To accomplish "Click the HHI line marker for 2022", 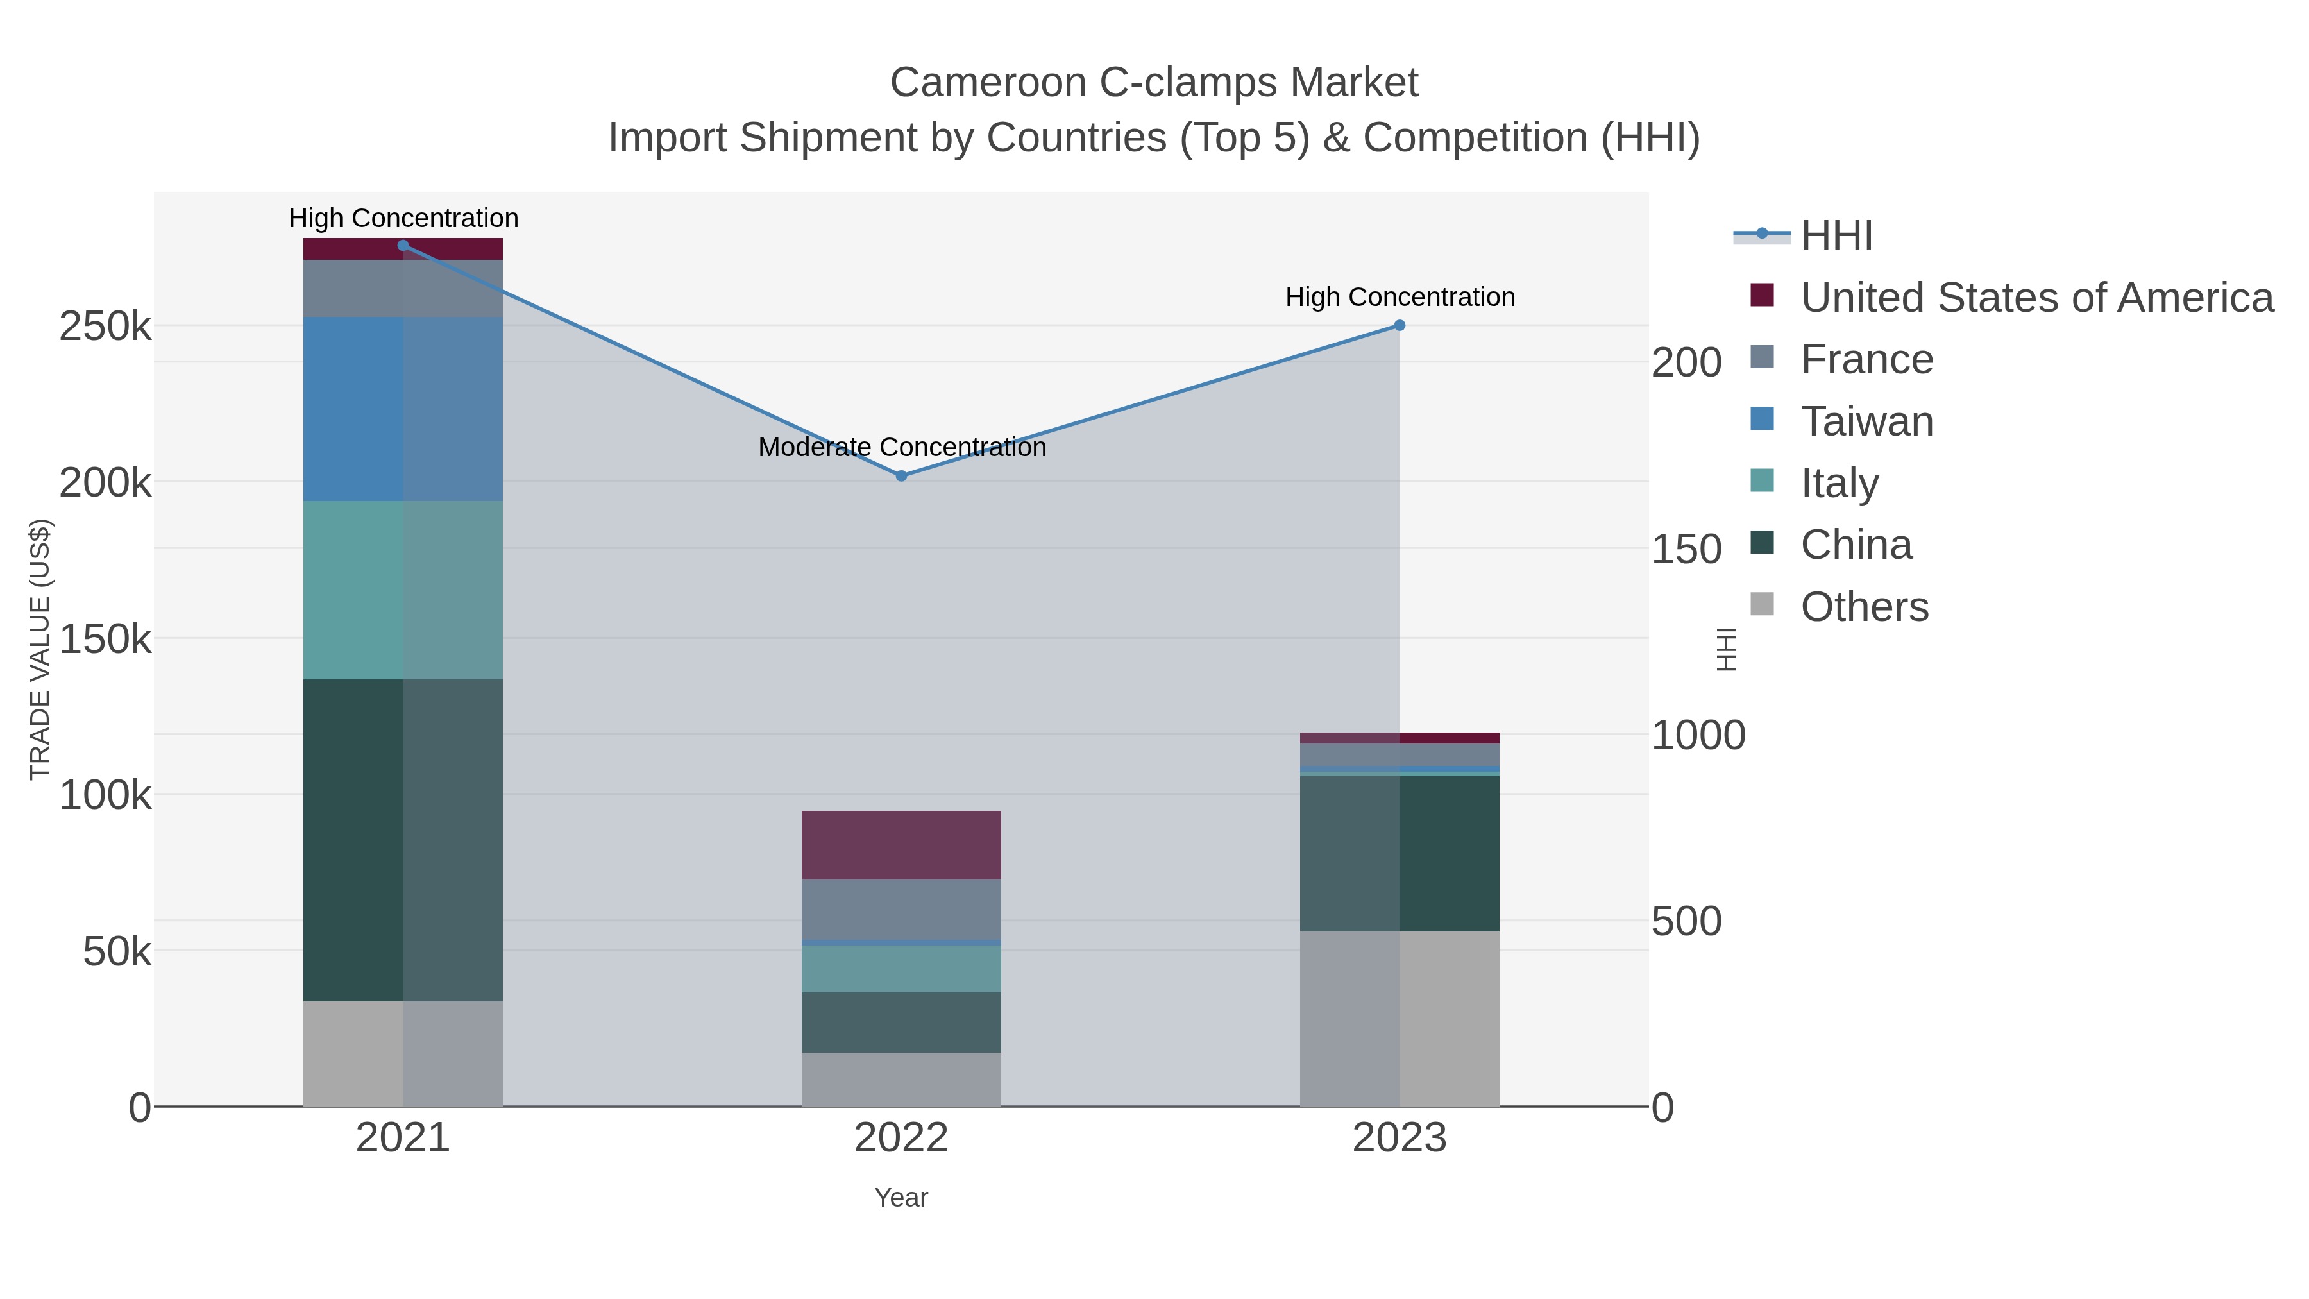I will click(x=901, y=476).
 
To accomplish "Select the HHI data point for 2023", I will click(x=1400, y=325).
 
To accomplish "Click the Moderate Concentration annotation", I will click(x=902, y=446).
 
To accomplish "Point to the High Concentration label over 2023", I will click(x=1400, y=297).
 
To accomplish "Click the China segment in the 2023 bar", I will click(x=1400, y=853).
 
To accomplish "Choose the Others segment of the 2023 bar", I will click(x=1400, y=1019).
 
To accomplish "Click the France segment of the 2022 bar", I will click(x=901, y=908).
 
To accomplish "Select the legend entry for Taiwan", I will click(x=1866, y=421).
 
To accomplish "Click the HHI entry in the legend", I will click(x=1836, y=236).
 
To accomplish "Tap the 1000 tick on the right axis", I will click(x=1698, y=736).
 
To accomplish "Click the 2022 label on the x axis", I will click(x=901, y=1139).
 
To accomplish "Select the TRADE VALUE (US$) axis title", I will click(x=40, y=649).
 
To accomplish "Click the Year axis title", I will click(x=901, y=1198).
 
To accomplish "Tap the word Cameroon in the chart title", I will click(x=988, y=83).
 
